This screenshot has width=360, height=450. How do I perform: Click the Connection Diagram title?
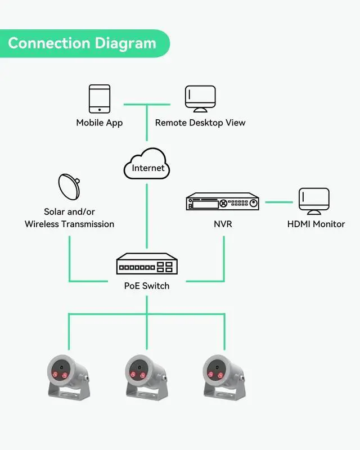click(x=82, y=43)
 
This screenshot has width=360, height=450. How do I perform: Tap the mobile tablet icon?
click(x=100, y=98)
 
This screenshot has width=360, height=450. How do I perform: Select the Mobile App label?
click(x=100, y=123)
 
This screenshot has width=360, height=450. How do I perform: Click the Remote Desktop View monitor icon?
click(x=200, y=98)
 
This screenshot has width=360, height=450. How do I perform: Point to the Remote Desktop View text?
click(x=200, y=123)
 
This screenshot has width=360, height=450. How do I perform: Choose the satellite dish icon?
click(x=69, y=187)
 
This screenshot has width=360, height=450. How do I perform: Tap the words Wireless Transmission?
click(x=70, y=224)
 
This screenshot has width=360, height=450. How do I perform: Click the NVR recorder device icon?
click(x=223, y=201)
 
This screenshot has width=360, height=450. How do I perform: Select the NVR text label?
click(x=223, y=224)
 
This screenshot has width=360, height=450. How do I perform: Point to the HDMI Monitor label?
click(x=316, y=224)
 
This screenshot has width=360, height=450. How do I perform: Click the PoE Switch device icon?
click(x=147, y=264)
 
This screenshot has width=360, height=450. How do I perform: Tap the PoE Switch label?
click(x=147, y=286)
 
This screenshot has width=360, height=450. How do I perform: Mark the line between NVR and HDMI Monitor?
click(x=279, y=201)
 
